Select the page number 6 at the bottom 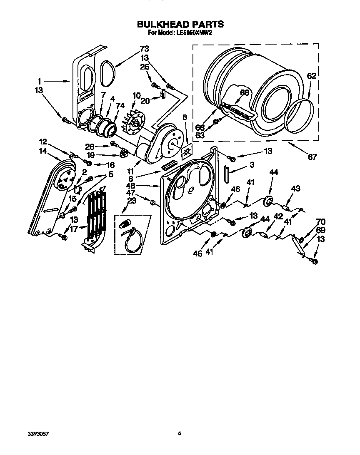[180, 433]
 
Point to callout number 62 [312, 76]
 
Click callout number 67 [312, 157]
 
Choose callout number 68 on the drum [244, 92]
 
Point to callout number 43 [295, 189]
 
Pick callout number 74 [120, 106]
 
